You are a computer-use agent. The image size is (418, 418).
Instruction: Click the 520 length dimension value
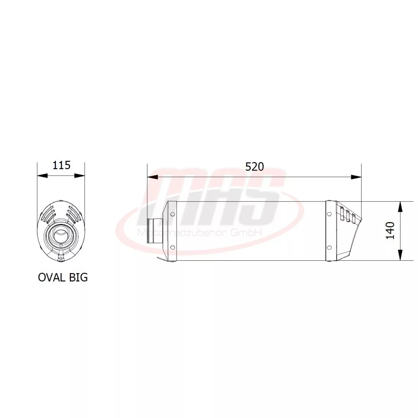coord(254,167)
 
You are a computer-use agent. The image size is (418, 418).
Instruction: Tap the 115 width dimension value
coord(61,165)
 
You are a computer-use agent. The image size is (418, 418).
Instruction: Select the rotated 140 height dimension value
coord(391,230)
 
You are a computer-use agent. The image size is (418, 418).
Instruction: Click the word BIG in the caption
coord(78,277)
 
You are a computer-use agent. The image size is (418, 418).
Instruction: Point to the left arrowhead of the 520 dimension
coord(152,177)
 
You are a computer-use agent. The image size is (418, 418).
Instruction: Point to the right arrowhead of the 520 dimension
coord(356,177)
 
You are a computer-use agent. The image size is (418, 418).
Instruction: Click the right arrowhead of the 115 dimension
coord(80,176)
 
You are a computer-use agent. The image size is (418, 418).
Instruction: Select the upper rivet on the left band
coord(172,214)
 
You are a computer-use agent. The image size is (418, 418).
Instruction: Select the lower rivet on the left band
coord(172,248)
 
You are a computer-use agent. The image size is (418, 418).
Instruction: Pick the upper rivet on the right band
coord(329,214)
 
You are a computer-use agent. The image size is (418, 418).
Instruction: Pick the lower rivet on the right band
coord(329,248)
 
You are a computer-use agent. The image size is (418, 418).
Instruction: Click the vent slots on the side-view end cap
coord(347,216)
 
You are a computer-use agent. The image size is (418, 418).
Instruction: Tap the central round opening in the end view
coord(61,235)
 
